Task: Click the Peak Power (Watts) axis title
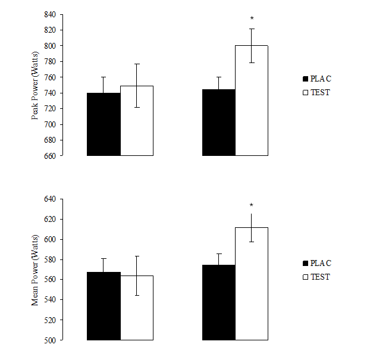[x=35, y=84]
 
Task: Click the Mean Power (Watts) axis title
[x=35, y=269]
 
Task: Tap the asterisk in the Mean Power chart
[x=252, y=205]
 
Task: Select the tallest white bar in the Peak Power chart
[x=252, y=101]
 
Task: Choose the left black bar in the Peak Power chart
[x=104, y=124]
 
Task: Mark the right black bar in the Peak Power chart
[x=219, y=123]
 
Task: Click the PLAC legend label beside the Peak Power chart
[x=321, y=78]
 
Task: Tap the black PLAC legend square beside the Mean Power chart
[x=305, y=263]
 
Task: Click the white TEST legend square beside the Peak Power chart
[x=305, y=92]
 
